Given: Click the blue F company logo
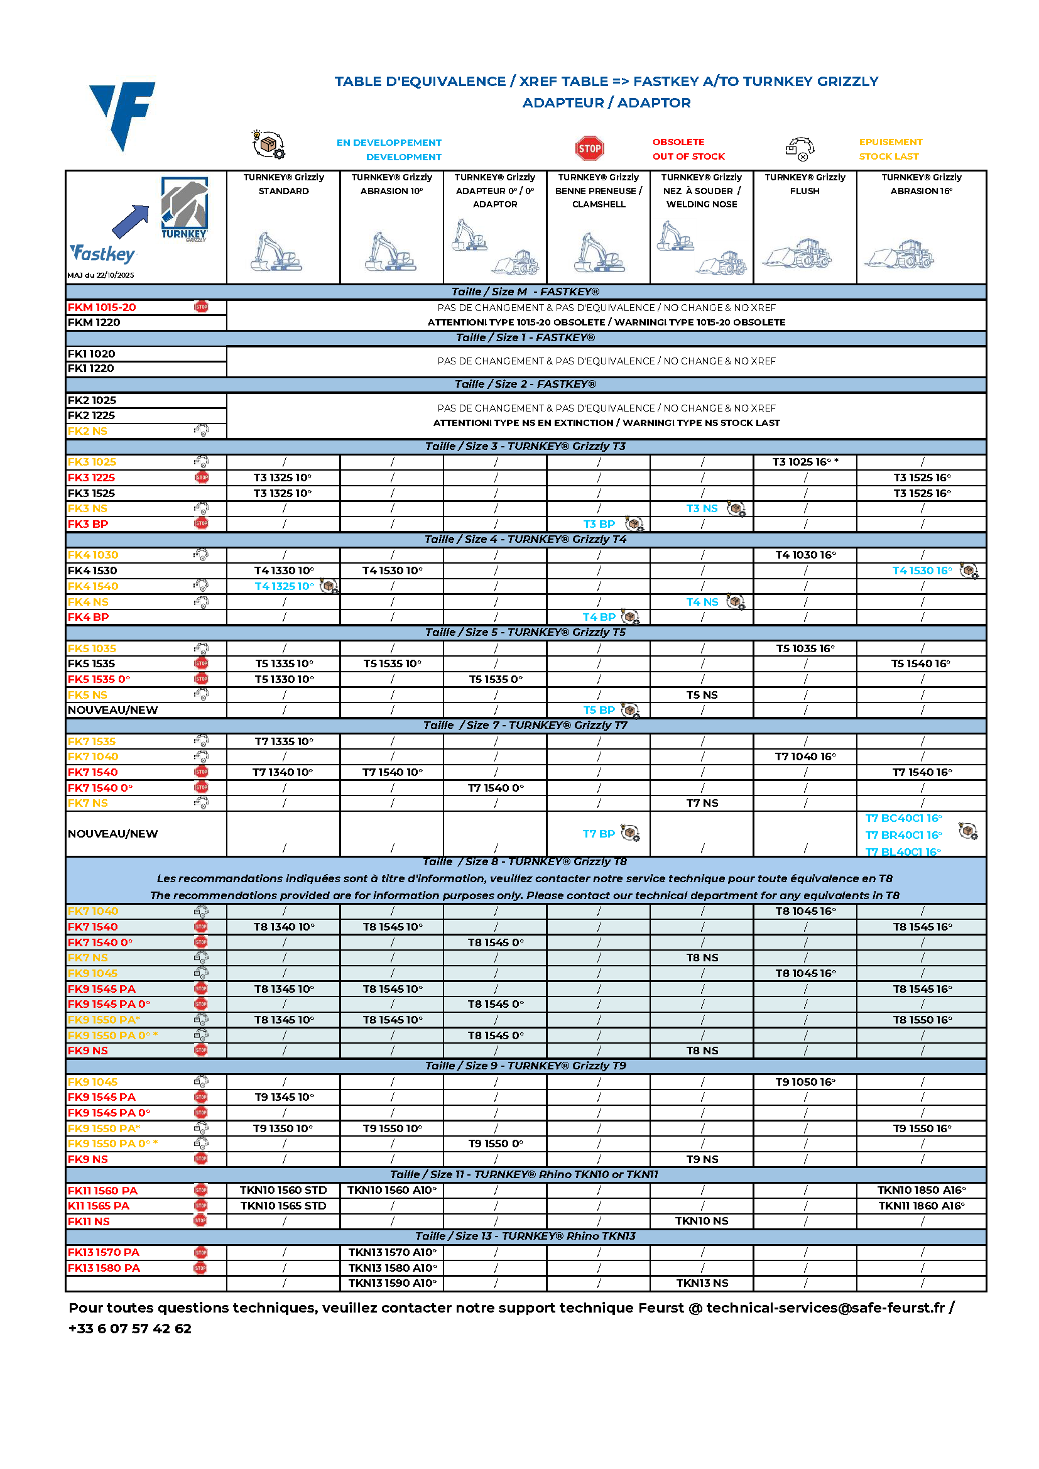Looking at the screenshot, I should coord(123,114).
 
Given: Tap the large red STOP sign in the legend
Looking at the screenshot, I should coord(589,148).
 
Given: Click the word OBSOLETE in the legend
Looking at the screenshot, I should coord(678,142).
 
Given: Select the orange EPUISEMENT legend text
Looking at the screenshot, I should coord(891,142).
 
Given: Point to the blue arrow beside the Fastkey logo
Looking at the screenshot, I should coord(130,221).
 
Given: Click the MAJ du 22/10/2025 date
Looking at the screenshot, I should coord(101,275).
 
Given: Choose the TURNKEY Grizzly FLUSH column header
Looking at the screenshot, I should coord(805,184).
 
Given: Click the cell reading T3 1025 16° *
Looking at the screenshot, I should coord(805,462).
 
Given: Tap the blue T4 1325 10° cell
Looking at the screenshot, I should coord(284,586).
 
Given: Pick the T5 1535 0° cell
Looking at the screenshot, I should coord(495,679).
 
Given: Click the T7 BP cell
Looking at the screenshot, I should coord(598,834).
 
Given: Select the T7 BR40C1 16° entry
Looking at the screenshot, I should coord(903,835).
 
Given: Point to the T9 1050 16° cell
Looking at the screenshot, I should coord(805,1082).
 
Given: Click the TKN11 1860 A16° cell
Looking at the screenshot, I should coord(922,1205).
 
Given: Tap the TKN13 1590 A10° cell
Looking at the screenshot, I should coord(392,1283).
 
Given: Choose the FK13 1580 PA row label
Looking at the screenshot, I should coord(104,1268).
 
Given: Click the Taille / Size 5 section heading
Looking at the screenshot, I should coord(525,632).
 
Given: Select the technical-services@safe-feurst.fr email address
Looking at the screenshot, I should coord(825,1308).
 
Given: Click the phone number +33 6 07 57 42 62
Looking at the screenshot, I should coord(130,1328).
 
